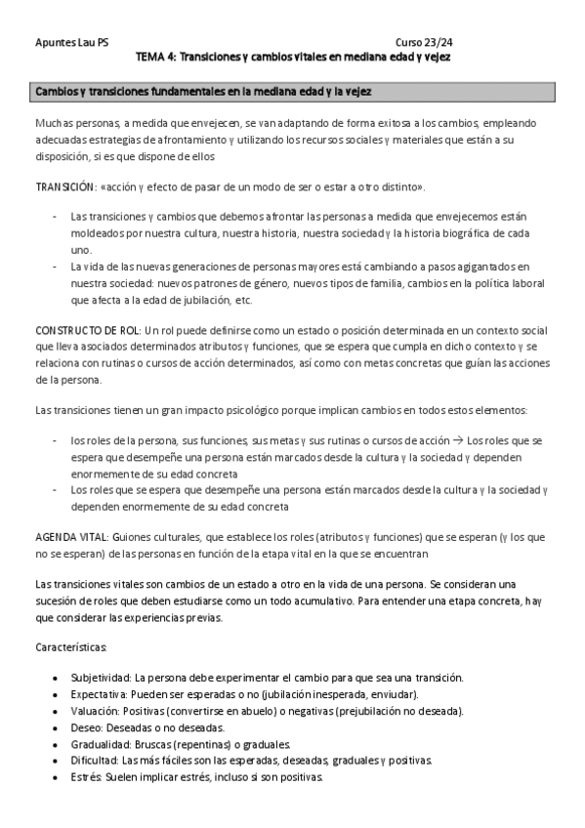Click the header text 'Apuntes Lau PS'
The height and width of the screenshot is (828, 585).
71,43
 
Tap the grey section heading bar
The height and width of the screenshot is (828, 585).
292,92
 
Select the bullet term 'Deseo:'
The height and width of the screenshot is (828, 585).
87,727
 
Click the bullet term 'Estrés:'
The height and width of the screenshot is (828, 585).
88,777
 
